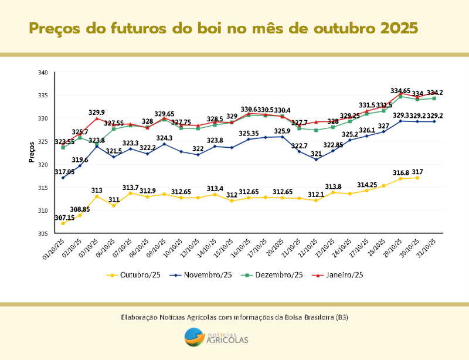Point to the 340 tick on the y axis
[x=42, y=73]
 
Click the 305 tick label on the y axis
[x=42, y=233]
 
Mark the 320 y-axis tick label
[x=42, y=165]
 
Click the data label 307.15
[x=65, y=218]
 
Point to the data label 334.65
[x=400, y=91]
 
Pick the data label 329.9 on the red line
[x=97, y=112]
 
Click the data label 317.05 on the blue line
[x=64, y=172]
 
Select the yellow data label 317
[x=417, y=172]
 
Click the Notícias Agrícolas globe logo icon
[x=195, y=337]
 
